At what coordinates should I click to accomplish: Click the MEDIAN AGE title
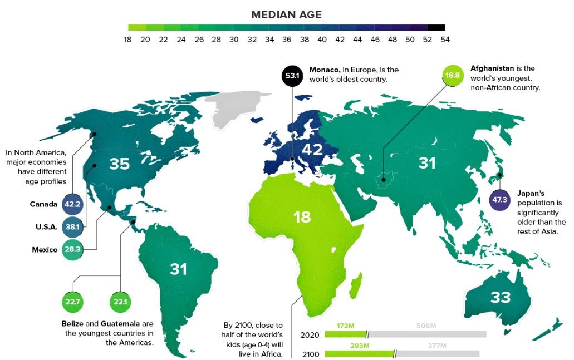point(286,14)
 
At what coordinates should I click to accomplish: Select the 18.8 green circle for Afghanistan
point(452,75)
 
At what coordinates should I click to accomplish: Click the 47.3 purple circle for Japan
point(500,200)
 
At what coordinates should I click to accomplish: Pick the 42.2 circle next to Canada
point(72,204)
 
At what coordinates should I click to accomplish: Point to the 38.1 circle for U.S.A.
point(72,227)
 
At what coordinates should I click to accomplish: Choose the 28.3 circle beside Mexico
point(72,249)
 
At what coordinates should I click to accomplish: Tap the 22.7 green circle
point(72,302)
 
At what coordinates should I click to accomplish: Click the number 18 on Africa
point(302,216)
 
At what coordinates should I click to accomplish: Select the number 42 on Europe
point(312,149)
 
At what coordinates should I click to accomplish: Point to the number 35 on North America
point(119,164)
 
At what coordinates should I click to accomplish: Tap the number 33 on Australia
point(500,297)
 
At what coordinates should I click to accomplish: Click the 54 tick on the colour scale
point(444,40)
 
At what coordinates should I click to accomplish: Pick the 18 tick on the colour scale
point(128,40)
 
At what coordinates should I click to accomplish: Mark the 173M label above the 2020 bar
point(345,324)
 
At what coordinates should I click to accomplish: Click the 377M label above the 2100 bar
point(437,346)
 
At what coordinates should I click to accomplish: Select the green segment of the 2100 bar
point(359,354)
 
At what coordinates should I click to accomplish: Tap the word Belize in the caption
point(73,324)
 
